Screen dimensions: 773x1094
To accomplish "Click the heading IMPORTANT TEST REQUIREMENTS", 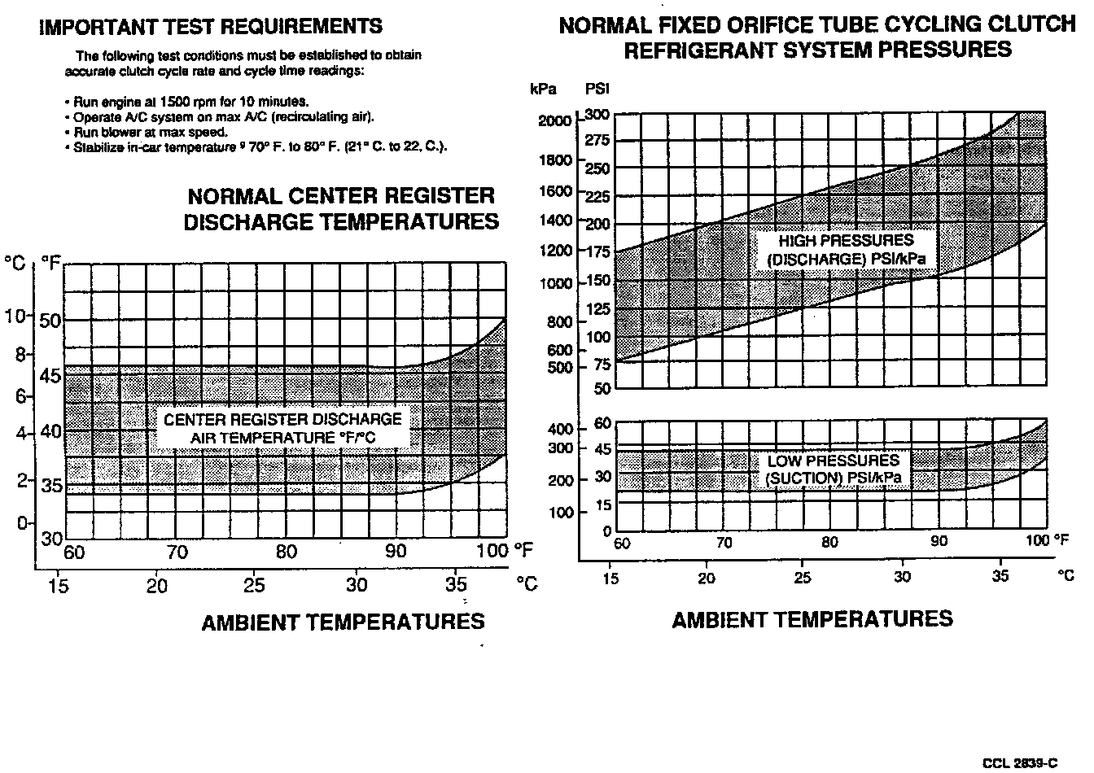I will tap(211, 27).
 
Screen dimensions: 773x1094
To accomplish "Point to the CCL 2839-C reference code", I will tap(1020, 762).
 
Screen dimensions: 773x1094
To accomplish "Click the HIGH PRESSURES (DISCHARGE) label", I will tap(847, 250).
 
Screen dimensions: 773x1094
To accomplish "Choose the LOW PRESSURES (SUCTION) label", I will tap(834, 469).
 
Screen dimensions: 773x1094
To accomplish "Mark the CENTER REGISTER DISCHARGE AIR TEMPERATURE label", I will tap(282, 429).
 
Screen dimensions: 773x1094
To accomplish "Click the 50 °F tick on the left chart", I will tap(50, 320).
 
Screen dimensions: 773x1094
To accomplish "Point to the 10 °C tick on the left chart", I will tap(16, 316).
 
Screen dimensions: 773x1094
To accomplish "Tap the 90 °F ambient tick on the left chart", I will tap(396, 552).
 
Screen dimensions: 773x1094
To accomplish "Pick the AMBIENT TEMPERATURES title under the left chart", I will tap(343, 622).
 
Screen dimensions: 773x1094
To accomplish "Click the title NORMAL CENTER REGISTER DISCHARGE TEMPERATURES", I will tap(341, 208).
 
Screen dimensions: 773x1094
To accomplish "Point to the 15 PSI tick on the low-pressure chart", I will tap(602, 504).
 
